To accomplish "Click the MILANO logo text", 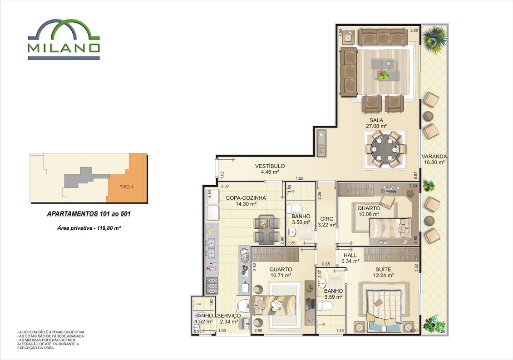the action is point(64,48).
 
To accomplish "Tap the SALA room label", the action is point(376,120).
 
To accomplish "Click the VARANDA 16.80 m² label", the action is point(434,159).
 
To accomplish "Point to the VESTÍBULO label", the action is point(270,166).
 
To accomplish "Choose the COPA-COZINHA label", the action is point(246,198).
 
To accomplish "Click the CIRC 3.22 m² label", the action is point(327,222).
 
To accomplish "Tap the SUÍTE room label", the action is point(383,269).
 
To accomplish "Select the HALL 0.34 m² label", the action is point(350,258).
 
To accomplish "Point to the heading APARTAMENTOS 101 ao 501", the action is point(89,214).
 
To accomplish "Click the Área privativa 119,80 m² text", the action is point(89,228).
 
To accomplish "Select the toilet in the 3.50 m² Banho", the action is point(296,209).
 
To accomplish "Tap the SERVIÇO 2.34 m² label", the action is point(229,319).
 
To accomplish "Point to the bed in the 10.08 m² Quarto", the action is point(390,228).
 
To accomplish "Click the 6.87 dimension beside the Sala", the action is point(416,175).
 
